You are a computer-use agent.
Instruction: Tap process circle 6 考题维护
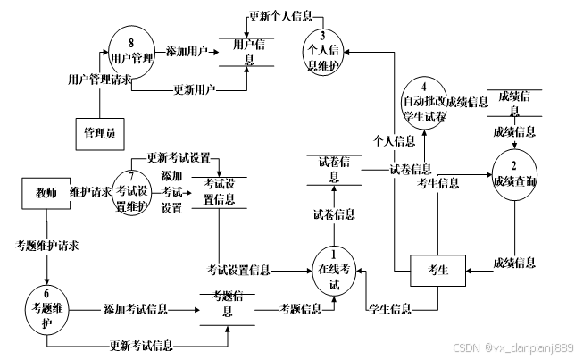(46, 308)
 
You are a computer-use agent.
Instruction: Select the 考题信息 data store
(227, 305)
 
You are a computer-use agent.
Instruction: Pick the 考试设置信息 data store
(219, 192)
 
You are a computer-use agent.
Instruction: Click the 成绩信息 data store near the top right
(515, 101)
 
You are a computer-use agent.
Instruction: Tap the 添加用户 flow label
(187, 52)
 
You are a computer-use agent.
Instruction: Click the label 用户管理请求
(100, 80)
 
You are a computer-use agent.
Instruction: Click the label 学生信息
(389, 309)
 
